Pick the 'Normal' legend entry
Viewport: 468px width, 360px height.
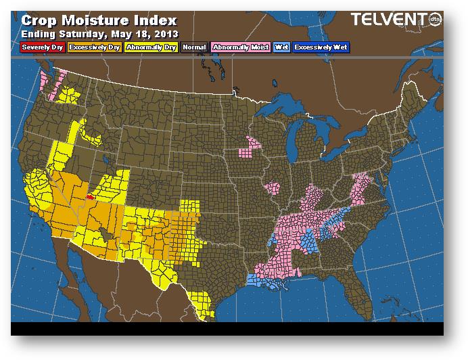tap(194, 47)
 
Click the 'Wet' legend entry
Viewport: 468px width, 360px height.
tap(280, 47)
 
